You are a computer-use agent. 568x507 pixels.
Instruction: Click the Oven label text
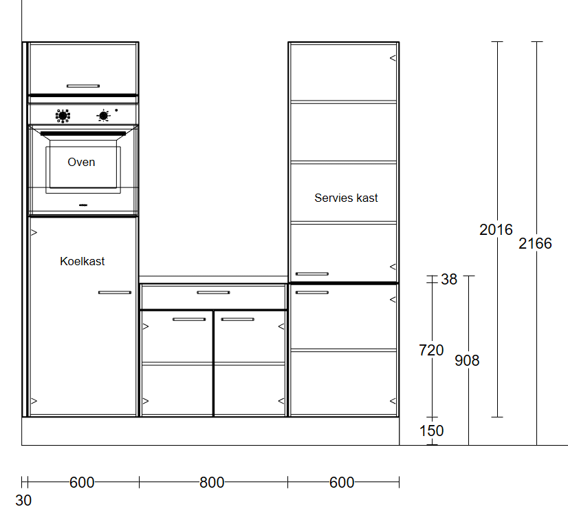point(81,162)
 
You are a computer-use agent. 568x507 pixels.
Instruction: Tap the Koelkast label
point(83,261)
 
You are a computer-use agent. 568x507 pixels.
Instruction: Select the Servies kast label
point(346,198)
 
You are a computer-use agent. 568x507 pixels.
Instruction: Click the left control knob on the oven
point(63,116)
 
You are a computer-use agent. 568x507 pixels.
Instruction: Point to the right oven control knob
point(104,116)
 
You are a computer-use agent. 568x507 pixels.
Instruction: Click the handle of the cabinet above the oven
point(83,86)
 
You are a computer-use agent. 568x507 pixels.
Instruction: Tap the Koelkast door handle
point(115,293)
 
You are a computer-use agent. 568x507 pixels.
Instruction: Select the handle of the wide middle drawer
point(213,293)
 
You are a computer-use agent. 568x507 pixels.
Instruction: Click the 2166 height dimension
point(535,244)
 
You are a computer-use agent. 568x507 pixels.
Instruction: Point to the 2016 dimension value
point(496,229)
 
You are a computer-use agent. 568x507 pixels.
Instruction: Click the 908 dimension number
point(467,360)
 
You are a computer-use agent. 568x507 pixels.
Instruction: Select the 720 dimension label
point(431,350)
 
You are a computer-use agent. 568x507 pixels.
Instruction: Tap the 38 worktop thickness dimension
point(449,280)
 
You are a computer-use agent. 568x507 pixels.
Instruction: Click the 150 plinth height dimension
point(431,431)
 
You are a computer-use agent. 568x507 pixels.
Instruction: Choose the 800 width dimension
point(212,483)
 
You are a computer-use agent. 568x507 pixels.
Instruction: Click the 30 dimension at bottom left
point(23,500)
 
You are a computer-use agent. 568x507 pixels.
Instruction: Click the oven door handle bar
point(83,134)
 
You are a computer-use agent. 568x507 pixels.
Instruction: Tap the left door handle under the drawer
point(189,320)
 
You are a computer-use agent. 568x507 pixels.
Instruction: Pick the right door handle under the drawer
point(238,320)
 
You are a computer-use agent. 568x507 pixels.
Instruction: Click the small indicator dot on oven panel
point(116,110)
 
